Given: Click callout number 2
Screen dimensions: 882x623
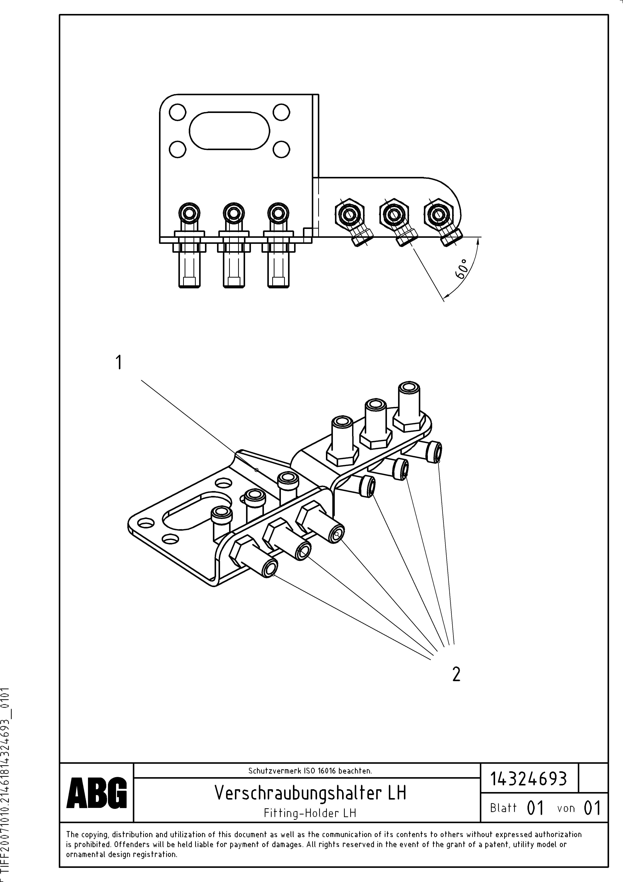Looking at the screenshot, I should point(456,674).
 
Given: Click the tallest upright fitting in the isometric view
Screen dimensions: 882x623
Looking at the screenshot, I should point(408,406).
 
